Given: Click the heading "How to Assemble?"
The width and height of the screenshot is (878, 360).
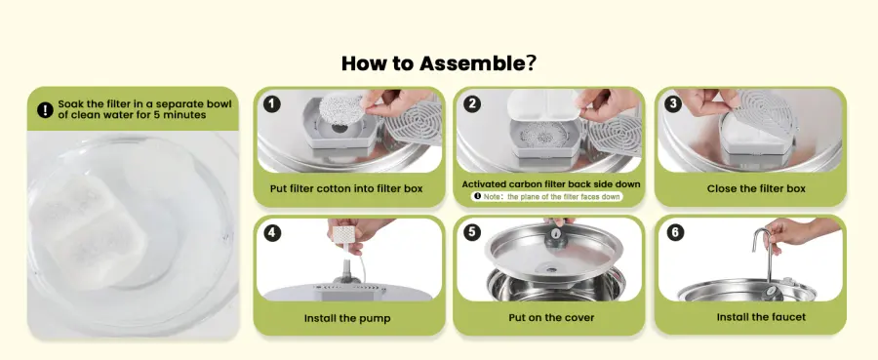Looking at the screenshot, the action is click(x=438, y=63).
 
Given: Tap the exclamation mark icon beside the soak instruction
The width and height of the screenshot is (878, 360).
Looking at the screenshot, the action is click(x=45, y=109).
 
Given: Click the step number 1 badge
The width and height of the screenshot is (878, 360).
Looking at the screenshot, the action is click(x=272, y=104).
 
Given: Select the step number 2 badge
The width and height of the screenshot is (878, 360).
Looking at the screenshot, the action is click(x=472, y=104).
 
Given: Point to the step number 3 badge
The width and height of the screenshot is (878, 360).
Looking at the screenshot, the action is click(x=673, y=104).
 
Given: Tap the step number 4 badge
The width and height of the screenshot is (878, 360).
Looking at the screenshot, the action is click(x=272, y=232).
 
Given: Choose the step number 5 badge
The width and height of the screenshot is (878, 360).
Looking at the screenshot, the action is click(x=472, y=232).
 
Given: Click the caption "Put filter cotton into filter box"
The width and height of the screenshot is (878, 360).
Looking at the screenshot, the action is click(x=346, y=188).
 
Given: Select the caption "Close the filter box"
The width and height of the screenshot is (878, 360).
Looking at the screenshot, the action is click(x=756, y=188).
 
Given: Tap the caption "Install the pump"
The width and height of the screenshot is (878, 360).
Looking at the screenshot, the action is click(x=347, y=318).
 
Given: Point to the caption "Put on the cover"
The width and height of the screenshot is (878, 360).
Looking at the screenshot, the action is click(x=551, y=317).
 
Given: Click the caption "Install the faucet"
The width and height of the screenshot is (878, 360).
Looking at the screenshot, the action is click(x=761, y=317).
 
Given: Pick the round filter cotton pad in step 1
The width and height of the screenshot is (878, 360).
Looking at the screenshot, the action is click(x=340, y=108).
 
